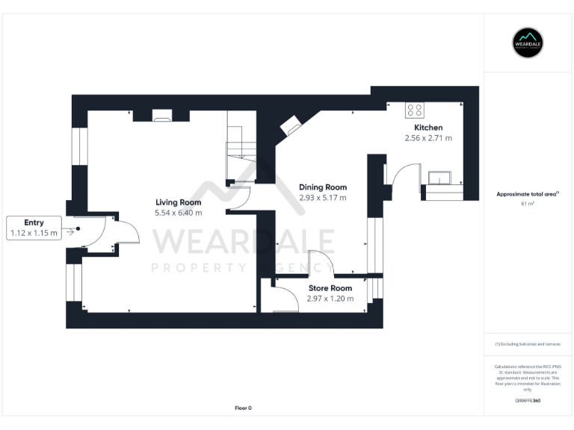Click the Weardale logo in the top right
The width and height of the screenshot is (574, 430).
pyautogui.click(x=528, y=43)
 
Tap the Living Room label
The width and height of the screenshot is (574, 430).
pyautogui.click(x=178, y=202)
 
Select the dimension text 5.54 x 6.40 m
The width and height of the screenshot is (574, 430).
pyautogui.click(x=178, y=213)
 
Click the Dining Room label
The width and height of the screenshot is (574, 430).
pyautogui.click(x=323, y=187)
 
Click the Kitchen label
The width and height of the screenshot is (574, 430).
pyautogui.click(x=428, y=128)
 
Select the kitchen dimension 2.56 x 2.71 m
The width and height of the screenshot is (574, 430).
pyautogui.click(x=428, y=138)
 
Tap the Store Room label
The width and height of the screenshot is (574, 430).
pyautogui.click(x=330, y=288)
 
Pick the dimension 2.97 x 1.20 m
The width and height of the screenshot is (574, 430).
pyautogui.click(x=330, y=299)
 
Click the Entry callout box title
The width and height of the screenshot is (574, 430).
pyautogui.click(x=34, y=222)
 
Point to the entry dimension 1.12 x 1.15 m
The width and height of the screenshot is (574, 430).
pyautogui.click(x=34, y=233)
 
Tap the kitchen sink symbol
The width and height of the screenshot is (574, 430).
pyautogui.click(x=439, y=177)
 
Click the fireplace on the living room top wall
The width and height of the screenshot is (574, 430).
pyautogui.click(x=161, y=115)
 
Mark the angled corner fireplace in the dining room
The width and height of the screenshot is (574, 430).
pyautogui.click(x=290, y=126)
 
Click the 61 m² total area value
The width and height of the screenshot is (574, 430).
pyautogui.click(x=528, y=203)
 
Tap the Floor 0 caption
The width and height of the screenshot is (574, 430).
pyautogui.click(x=243, y=408)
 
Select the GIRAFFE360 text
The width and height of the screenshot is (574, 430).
pyautogui.click(x=528, y=401)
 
